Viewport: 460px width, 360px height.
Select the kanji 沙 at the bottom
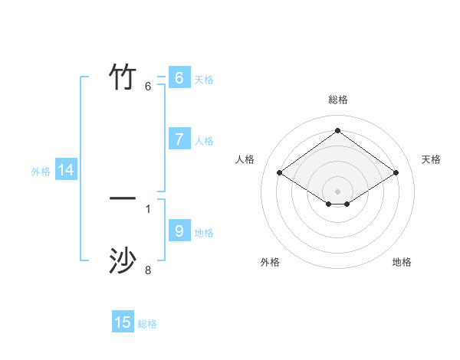click(x=123, y=261)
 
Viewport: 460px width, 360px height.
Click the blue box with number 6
click(x=179, y=78)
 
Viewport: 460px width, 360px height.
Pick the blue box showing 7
click(x=179, y=139)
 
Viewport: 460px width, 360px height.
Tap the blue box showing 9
click(x=179, y=231)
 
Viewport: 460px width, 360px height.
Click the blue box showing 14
click(x=66, y=171)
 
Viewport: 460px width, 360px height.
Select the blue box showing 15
click(x=123, y=322)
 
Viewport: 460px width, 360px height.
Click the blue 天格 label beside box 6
click(x=204, y=80)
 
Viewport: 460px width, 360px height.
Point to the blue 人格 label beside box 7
click(x=204, y=141)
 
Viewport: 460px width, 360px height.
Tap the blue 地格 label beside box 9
click(x=204, y=232)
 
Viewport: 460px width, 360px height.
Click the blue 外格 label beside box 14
click(x=41, y=172)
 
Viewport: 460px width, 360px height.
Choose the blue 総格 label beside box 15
click(x=147, y=324)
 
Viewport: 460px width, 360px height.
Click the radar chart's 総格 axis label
click(x=338, y=100)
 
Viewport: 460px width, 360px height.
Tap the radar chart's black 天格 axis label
click(x=432, y=159)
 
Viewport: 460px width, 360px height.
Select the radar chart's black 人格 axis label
click(x=245, y=159)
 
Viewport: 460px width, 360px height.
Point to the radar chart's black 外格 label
click(x=270, y=262)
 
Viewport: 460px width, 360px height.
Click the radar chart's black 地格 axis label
click(x=402, y=262)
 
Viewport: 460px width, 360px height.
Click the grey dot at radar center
click(x=338, y=191)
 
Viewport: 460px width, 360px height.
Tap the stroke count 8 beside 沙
click(x=148, y=270)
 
